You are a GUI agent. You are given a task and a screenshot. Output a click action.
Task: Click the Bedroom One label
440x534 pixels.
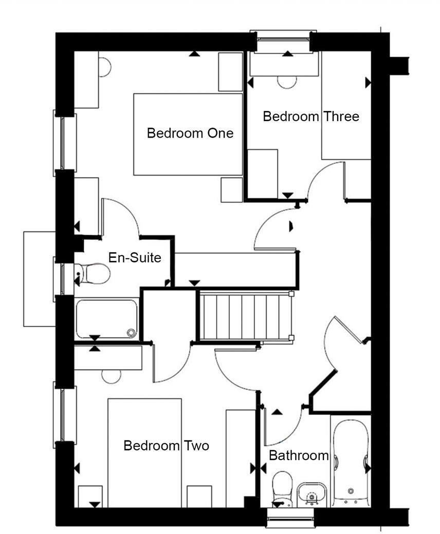tap(190, 133)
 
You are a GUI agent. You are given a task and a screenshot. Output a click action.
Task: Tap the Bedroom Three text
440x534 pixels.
tap(310, 117)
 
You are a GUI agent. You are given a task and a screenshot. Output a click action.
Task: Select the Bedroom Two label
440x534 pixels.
tap(166, 446)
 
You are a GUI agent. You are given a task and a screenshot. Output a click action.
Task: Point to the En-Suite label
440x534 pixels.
tap(135, 257)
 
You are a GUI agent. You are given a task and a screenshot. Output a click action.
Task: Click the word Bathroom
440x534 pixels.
tap(299, 455)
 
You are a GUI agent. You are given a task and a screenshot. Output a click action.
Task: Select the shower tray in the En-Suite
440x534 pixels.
tap(106, 319)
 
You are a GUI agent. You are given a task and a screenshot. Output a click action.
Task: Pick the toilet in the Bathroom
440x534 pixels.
tap(281, 488)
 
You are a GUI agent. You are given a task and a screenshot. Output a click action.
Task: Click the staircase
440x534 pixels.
tap(245, 315)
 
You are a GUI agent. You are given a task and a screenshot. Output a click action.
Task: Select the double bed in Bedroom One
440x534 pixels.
tap(188, 133)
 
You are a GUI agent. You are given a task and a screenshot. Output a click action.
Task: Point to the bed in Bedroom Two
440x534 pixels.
tap(144, 452)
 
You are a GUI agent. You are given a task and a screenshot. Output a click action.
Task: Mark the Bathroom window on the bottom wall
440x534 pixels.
tap(290, 518)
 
